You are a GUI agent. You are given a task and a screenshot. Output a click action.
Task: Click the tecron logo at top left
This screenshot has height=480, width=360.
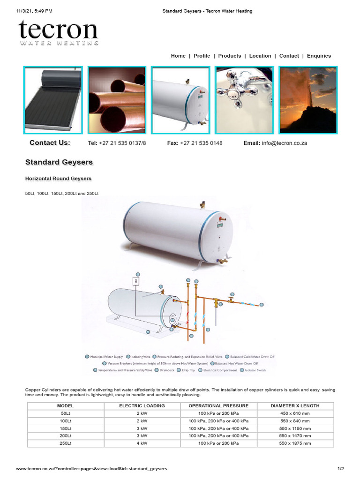point(59,32)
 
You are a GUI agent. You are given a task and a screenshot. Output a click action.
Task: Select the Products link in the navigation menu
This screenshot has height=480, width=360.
point(230,56)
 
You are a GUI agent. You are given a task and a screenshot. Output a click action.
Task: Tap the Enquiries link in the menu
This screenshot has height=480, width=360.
point(319,56)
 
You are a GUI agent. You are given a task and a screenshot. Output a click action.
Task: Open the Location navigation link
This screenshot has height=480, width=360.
point(260,56)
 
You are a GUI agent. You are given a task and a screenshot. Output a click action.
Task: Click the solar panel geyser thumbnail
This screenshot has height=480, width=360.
point(53,100)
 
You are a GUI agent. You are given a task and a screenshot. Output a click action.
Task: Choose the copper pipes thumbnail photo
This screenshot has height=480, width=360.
point(117,100)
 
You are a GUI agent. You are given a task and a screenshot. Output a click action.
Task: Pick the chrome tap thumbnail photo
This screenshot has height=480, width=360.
point(244,100)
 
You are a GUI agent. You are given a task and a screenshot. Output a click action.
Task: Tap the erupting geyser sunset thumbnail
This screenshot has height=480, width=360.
point(308,100)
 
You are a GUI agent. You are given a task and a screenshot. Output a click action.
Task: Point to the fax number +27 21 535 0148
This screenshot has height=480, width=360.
point(201,143)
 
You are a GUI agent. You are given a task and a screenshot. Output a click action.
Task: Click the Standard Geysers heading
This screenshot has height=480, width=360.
point(59,162)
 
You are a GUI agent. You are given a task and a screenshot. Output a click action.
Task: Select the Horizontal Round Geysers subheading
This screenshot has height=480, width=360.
point(58,179)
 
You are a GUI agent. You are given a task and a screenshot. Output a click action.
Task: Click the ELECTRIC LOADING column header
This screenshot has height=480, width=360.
point(142,406)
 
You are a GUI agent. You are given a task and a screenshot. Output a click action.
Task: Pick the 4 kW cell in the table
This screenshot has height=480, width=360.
point(142,443)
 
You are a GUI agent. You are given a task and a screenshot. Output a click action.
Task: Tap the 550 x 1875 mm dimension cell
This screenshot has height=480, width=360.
point(295,443)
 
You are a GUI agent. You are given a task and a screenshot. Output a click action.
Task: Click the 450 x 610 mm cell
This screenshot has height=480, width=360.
point(295,413)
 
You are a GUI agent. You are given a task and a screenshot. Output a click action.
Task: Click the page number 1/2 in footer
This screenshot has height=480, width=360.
point(341,469)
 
